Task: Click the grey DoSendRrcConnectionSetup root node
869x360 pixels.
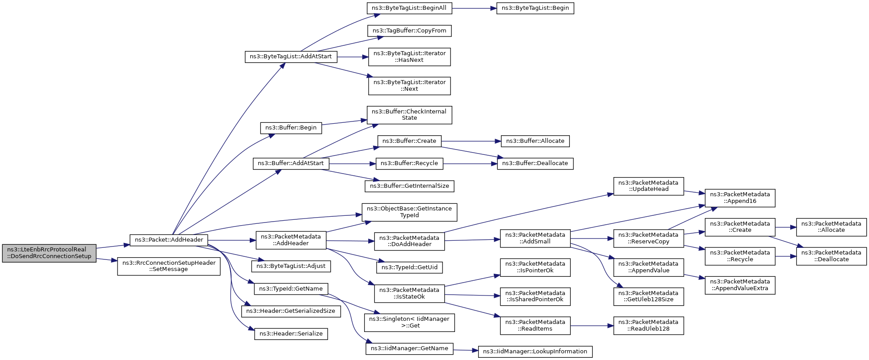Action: coord(49,253)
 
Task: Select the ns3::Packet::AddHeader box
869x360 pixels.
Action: coord(169,240)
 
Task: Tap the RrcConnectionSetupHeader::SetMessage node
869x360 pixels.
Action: coord(169,266)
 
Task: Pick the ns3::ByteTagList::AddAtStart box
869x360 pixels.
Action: coord(291,57)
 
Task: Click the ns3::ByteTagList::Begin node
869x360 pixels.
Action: coord(535,8)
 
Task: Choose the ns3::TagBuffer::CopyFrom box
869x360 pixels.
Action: coord(409,31)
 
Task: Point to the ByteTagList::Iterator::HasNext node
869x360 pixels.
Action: coord(409,57)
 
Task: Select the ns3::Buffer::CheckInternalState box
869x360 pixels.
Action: coord(409,115)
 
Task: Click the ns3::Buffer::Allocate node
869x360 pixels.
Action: coord(535,141)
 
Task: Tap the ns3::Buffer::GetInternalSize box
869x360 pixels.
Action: coord(409,186)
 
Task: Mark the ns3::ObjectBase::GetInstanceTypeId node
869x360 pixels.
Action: coord(409,212)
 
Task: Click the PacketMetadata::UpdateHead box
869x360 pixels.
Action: coord(649,186)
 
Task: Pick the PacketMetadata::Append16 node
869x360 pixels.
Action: coord(740,198)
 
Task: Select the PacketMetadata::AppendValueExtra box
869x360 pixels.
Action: coord(740,285)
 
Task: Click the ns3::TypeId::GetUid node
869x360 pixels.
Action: coord(409,267)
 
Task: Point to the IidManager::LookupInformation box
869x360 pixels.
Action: coord(535,352)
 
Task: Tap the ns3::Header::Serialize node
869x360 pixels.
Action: coord(291,334)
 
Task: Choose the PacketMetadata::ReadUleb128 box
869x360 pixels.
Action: coord(649,325)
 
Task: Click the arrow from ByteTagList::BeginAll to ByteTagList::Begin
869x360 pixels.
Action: coord(474,8)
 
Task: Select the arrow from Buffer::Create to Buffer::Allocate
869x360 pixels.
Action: coord(471,141)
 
